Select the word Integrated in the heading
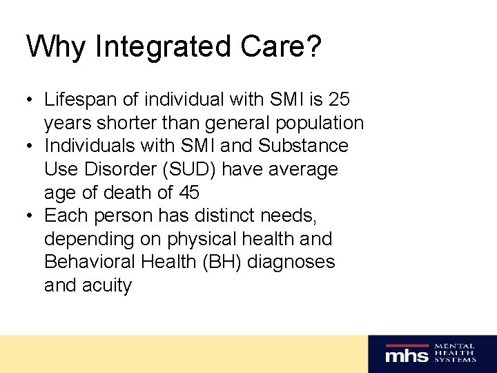tap(145, 46)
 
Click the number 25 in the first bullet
tap(339, 99)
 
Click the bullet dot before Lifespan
tap(31, 100)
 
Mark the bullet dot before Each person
tap(31, 216)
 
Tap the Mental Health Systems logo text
tap(455, 353)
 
